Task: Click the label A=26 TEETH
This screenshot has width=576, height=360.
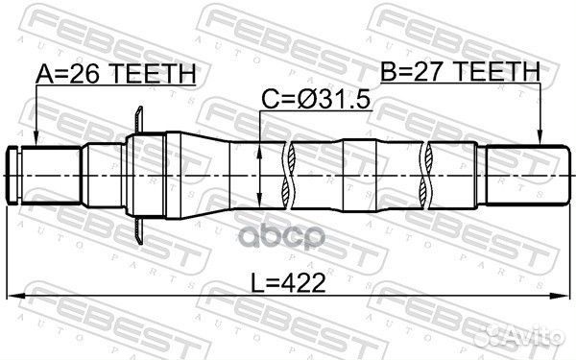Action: click(115, 73)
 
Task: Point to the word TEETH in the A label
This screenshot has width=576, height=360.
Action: click(158, 73)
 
